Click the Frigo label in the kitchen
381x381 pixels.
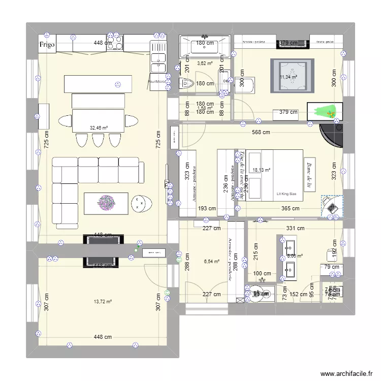[x=47, y=45]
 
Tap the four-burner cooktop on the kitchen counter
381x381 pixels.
[x=116, y=42]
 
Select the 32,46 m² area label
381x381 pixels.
[x=99, y=129]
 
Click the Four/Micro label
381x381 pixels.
[x=157, y=81]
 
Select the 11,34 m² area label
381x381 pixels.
[x=288, y=77]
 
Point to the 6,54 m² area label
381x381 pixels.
[x=212, y=262]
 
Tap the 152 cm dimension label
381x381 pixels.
[x=299, y=294]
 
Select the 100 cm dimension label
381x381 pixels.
[x=262, y=274]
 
